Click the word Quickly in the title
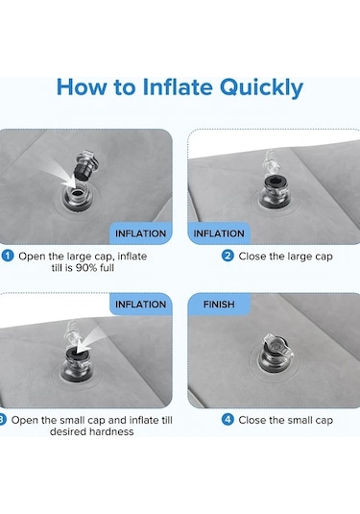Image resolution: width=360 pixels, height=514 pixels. (x=261, y=87)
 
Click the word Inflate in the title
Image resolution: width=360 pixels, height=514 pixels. (x=178, y=86)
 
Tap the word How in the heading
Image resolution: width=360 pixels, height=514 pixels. (x=82, y=86)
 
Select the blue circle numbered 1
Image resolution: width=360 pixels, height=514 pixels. (x=8, y=256)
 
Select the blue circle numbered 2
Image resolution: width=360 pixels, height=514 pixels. (x=228, y=256)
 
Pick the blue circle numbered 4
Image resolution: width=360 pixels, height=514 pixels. (x=228, y=420)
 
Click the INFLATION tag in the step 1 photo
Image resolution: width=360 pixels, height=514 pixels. (x=140, y=233)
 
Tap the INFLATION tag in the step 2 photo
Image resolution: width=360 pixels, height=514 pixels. (x=219, y=233)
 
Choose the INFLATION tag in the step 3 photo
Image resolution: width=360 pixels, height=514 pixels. (x=140, y=305)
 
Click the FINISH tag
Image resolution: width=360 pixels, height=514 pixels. (x=219, y=305)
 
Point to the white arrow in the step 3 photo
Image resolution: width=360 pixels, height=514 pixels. (x=90, y=339)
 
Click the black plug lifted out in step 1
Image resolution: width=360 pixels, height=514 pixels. (x=84, y=171)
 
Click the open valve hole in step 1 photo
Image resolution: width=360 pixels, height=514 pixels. (x=77, y=193)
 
